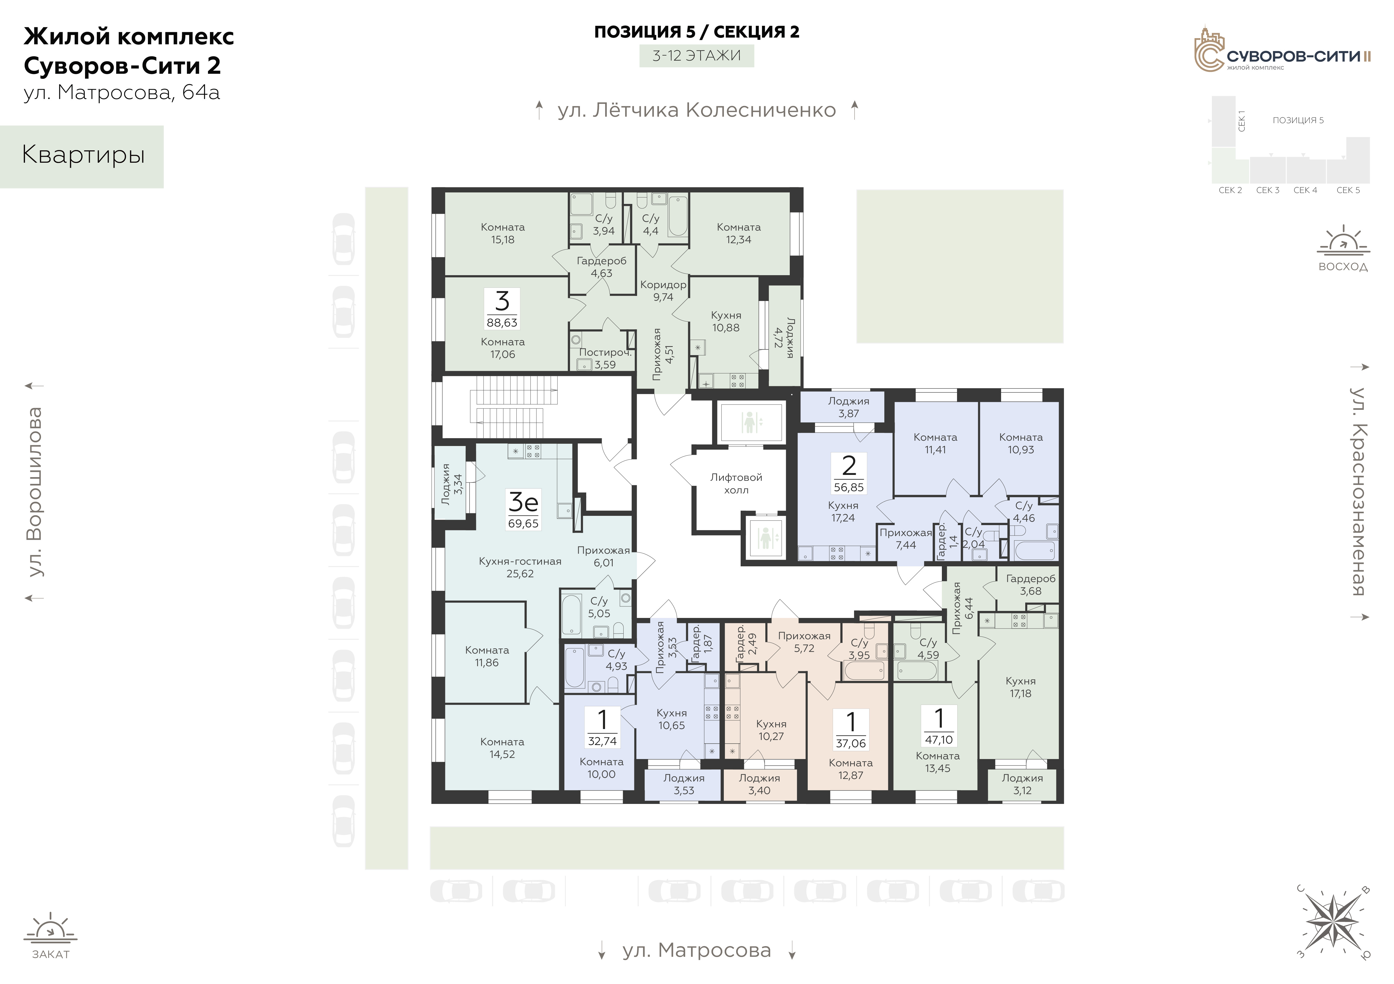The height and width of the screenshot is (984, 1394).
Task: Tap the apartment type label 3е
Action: click(523, 502)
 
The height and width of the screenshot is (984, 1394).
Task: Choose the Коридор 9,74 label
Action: click(663, 291)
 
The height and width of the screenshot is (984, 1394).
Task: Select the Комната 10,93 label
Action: click(1021, 443)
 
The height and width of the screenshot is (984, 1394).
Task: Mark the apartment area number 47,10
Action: click(939, 739)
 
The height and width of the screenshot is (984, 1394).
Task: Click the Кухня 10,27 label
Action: click(771, 730)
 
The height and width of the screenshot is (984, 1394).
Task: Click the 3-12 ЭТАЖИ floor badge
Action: click(696, 56)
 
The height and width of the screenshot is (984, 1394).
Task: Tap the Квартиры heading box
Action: click(82, 157)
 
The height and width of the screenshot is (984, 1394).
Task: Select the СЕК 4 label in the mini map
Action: click(1305, 190)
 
